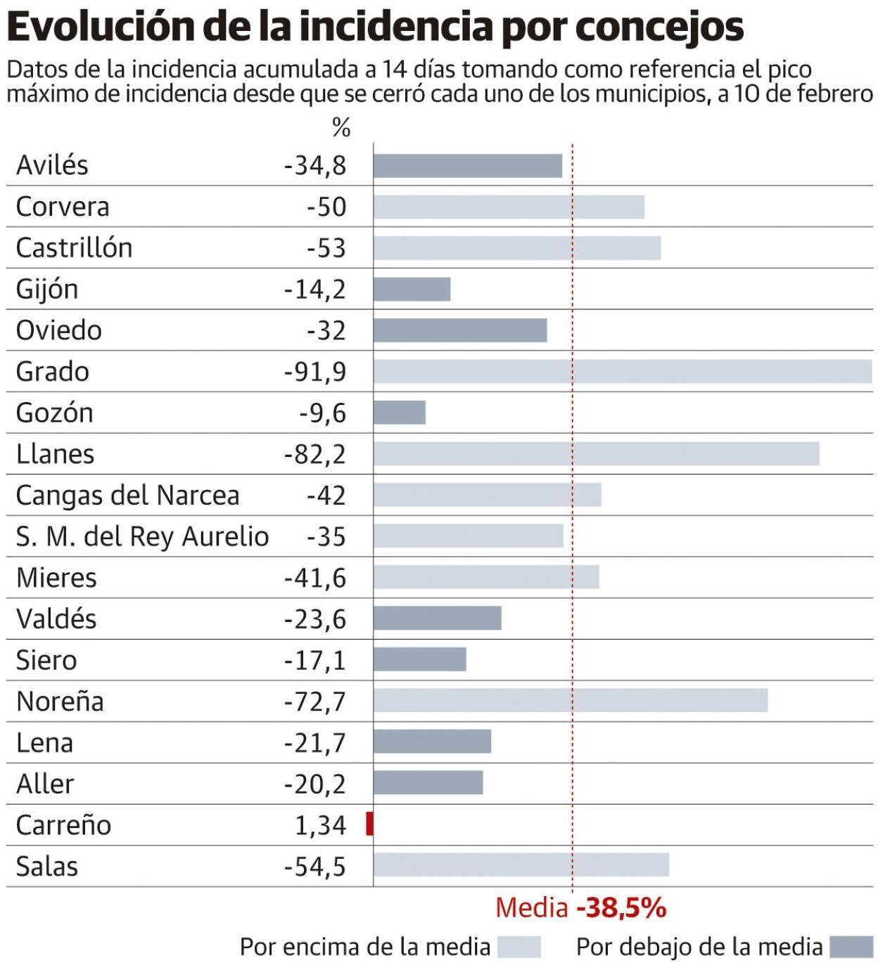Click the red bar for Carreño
[x=370, y=824]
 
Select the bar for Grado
[x=623, y=371]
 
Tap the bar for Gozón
[x=400, y=413]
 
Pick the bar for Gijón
[x=412, y=289]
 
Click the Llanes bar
[x=597, y=453]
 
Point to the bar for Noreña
[x=571, y=701]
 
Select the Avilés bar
[x=468, y=166]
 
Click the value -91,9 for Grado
[x=315, y=371]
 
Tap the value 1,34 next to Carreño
[x=320, y=825]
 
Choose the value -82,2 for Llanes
[x=315, y=454]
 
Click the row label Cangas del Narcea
[x=127, y=496]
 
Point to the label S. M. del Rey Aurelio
[x=142, y=536]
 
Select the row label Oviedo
[x=59, y=330]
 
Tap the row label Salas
[x=47, y=866]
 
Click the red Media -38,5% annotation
[x=581, y=907]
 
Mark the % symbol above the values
[x=341, y=128]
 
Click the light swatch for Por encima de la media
[x=519, y=947]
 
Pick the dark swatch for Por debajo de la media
[x=851, y=947]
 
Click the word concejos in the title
[x=659, y=27]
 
